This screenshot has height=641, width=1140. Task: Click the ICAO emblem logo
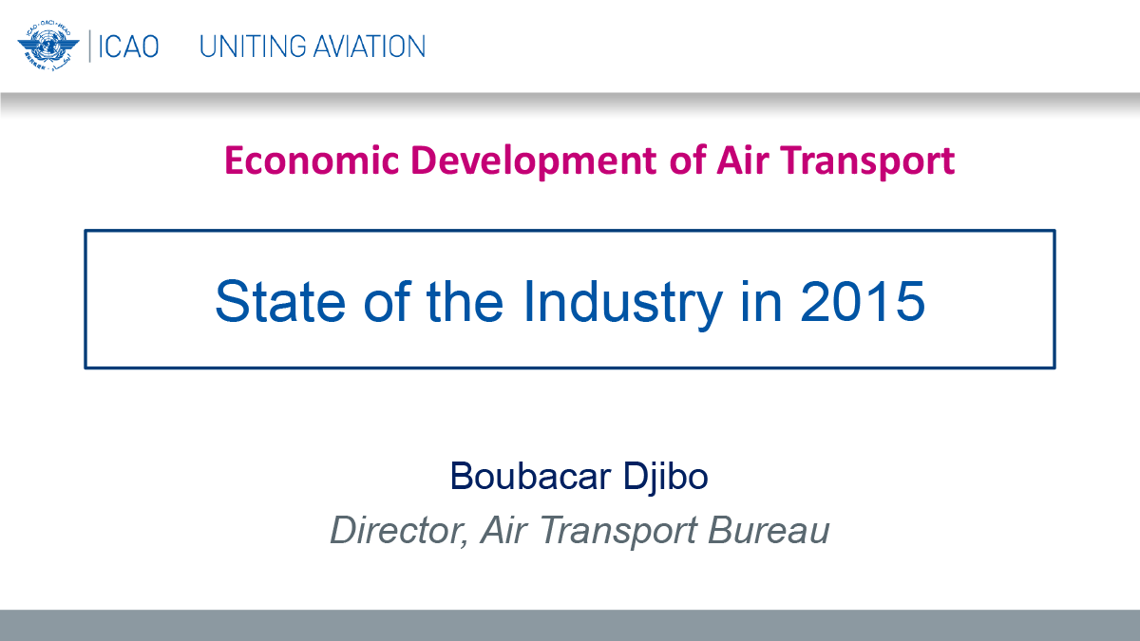point(48,46)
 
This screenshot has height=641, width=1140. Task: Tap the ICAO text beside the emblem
point(128,47)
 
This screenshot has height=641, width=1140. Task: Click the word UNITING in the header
point(252,47)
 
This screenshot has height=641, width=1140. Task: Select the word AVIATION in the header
point(369,47)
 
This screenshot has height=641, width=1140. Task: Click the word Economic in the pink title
point(312,160)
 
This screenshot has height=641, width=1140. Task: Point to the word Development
point(533,161)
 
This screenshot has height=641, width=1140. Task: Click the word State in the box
point(280,301)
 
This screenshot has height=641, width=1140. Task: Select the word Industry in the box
point(622,304)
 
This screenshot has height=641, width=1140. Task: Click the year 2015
point(863,302)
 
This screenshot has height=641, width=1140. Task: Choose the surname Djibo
point(665,477)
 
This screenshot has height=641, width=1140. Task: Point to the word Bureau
point(769,530)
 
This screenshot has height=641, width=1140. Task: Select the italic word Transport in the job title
point(617,532)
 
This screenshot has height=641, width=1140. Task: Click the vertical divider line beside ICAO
point(90,46)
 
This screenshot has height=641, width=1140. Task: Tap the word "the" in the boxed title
point(465,301)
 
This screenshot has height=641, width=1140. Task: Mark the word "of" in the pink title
point(687,160)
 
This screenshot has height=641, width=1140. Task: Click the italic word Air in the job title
point(503,530)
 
